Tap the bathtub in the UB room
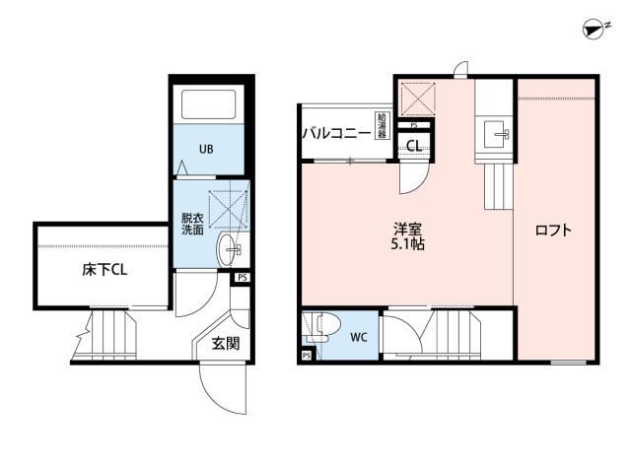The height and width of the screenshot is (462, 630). (x=209, y=104)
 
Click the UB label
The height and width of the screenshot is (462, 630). (x=206, y=150)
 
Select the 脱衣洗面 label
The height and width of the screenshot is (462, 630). (x=192, y=225)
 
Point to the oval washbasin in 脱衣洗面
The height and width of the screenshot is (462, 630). (x=229, y=249)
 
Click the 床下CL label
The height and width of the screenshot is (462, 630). (x=105, y=270)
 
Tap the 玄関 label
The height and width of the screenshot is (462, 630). (x=226, y=343)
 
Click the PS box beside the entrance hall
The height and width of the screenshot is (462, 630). (x=243, y=278)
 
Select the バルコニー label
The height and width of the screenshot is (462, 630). (x=336, y=132)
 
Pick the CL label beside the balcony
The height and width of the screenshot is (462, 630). (x=414, y=146)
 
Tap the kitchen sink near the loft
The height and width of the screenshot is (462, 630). (x=497, y=135)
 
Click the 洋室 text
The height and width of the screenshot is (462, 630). (x=407, y=230)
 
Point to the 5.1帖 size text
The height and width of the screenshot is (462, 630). (x=407, y=243)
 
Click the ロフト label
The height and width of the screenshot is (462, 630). (x=553, y=231)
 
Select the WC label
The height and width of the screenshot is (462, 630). (x=359, y=337)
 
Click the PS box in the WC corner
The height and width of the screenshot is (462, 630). (x=307, y=356)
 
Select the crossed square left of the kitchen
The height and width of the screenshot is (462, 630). (x=418, y=99)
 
